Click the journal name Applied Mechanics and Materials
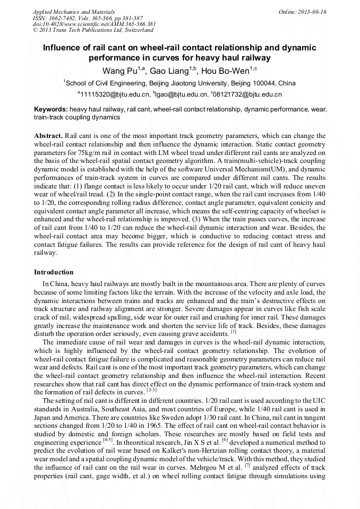pyautogui.click(x=67, y=12)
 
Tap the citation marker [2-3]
pyautogui.click(x=152, y=390)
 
